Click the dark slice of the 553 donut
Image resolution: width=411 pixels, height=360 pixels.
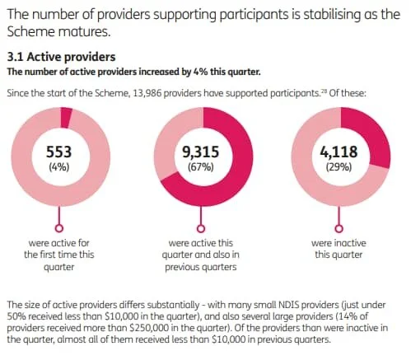(66, 115)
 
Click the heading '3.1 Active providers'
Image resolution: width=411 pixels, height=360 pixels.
(61, 58)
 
